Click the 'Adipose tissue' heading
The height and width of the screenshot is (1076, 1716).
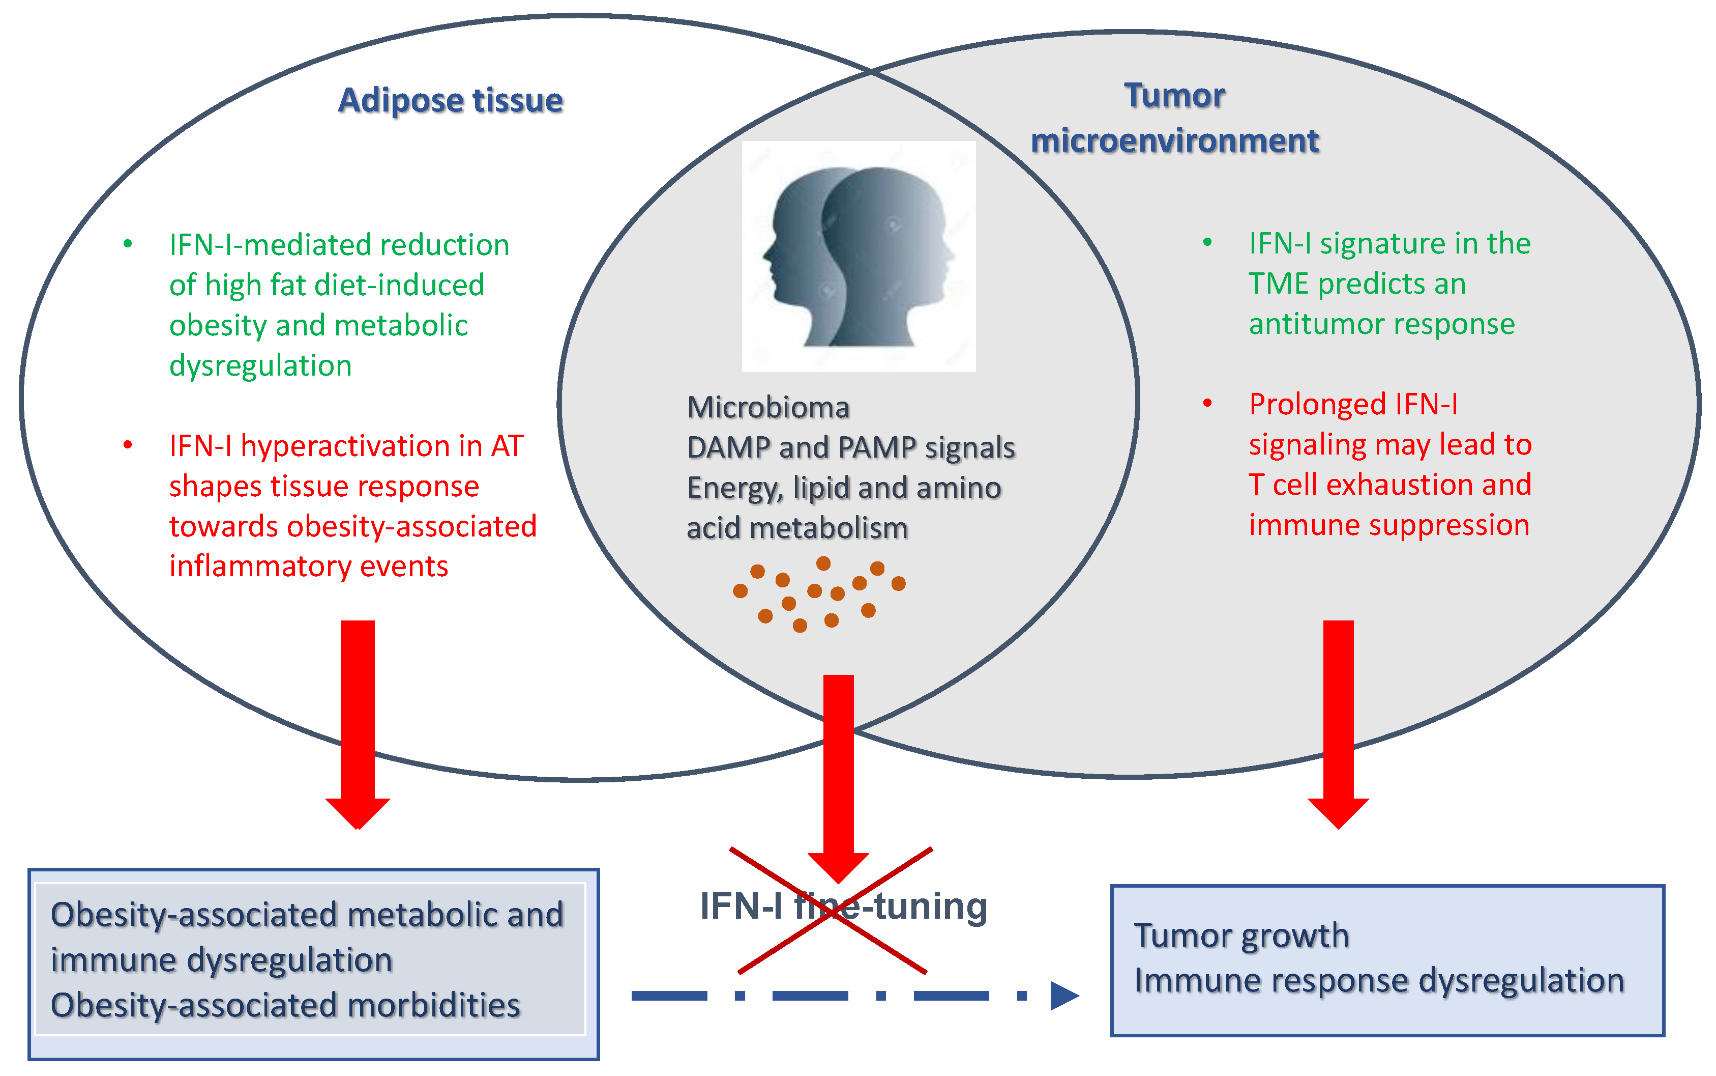point(450,100)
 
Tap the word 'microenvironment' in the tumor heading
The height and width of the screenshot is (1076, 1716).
point(1175,140)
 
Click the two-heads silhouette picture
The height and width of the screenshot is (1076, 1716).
point(859,256)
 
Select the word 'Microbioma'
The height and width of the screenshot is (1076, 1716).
point(768,408)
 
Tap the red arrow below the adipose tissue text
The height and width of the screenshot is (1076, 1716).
point(358,724)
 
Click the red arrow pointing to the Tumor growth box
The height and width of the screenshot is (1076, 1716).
point(1339,724)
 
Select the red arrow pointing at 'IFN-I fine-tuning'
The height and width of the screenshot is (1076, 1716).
point(839,779)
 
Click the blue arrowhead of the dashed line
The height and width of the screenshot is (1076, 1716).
point(1064,996)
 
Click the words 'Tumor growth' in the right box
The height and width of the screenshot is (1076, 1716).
point(1241,935)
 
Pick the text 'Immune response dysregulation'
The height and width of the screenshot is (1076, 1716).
point(1379,981)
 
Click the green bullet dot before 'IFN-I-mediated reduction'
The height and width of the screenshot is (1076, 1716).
point(128,244)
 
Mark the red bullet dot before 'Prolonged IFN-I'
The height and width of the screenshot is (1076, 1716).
point(1207,404)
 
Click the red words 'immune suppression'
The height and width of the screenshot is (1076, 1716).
point(1389,525)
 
